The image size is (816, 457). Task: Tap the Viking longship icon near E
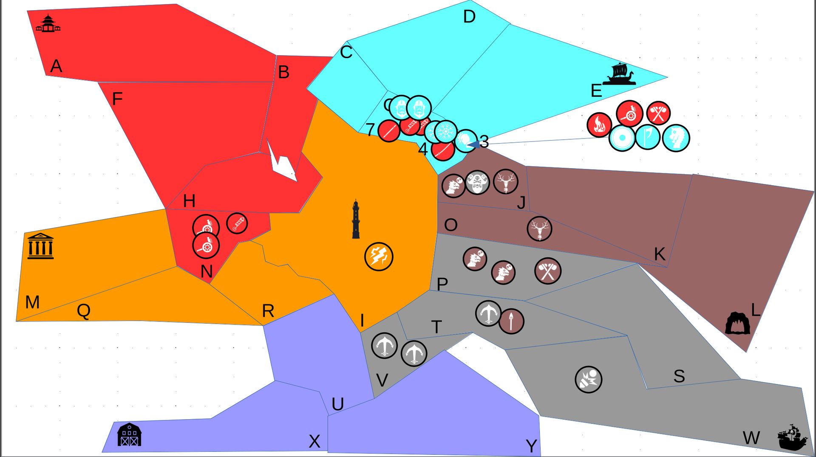(620, 74)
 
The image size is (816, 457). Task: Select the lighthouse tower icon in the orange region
(356, 220)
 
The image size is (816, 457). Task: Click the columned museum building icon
(40, 246)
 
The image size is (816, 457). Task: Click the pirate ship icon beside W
(792, 437)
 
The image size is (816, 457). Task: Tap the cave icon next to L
(737, 324)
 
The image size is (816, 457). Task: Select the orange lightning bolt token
(379, 257)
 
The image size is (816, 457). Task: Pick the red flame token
(599, 125)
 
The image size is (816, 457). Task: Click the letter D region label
(469, 17)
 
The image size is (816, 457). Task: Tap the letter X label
(314, 442)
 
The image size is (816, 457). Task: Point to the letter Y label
(531, 446)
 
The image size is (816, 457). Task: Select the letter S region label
(679, 376)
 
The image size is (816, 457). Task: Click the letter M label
(32, 302)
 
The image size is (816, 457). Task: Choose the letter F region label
(117, 99)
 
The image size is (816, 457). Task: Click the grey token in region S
(589, 379)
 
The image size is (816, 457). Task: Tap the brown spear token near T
(511, 321)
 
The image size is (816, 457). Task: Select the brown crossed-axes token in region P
(548, 271)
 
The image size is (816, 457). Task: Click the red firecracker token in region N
(237, 223)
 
